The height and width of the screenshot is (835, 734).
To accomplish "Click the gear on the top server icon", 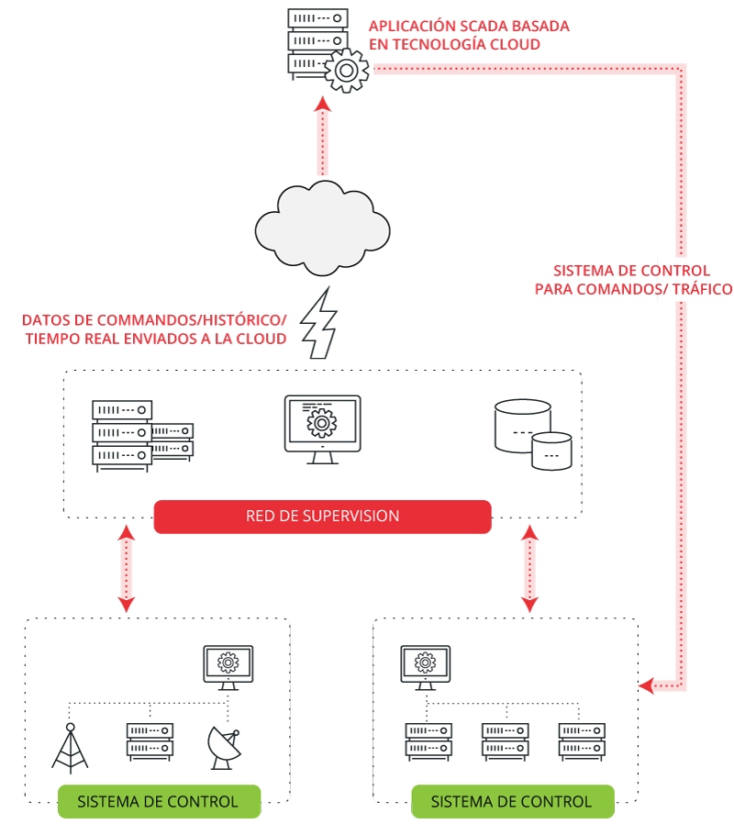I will (x=346, y=71).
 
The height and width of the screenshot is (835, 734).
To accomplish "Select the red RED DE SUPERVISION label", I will (x=322, y=516).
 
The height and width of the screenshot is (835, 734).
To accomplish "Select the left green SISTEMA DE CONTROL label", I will (x=158, y=801).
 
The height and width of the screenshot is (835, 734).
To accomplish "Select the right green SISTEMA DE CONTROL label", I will (x=511, y=801).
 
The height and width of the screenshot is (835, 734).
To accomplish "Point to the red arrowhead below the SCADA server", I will (x=322, y=106).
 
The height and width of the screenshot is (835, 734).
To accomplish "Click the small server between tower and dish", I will (x=150, y=742).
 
